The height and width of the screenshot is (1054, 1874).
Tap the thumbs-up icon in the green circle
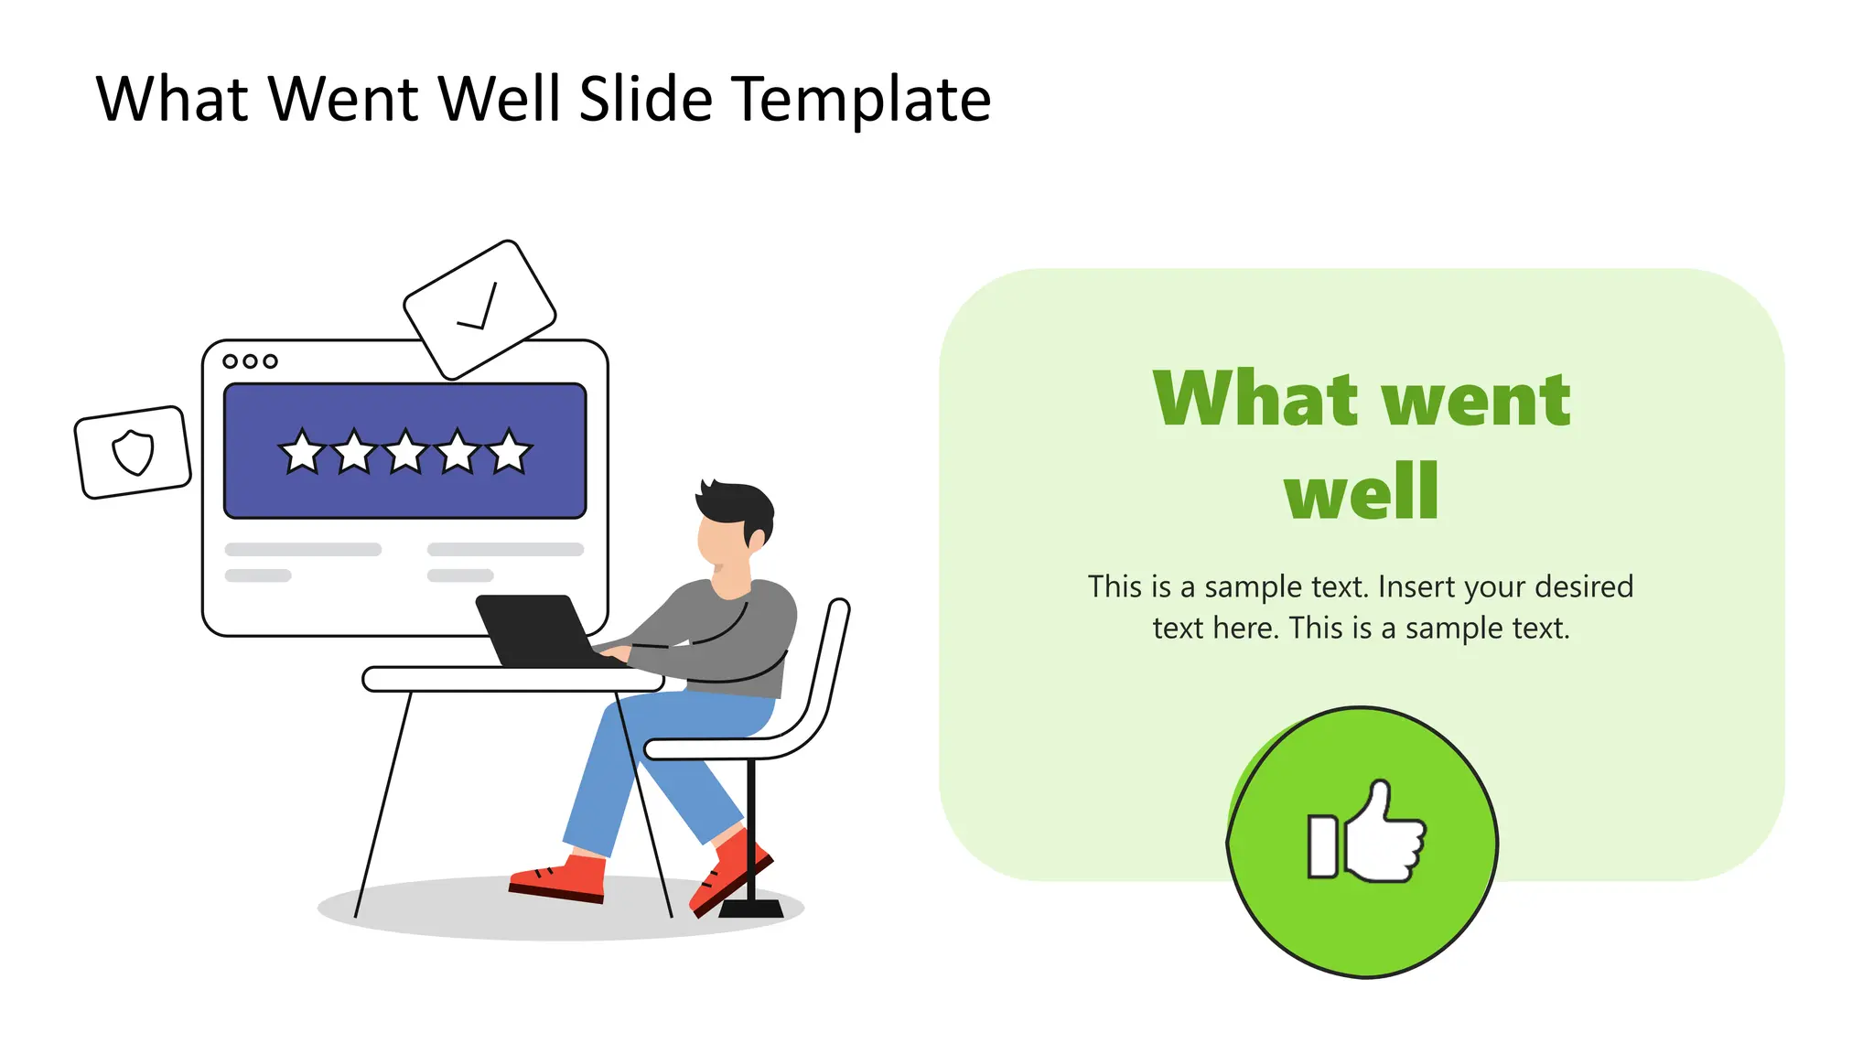point(1366,833)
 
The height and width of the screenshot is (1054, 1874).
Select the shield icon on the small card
point(134,452)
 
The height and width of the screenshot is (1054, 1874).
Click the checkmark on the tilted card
point(479,308)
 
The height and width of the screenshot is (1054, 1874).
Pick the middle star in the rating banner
point(405,452)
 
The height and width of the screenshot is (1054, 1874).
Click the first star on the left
point(301,452)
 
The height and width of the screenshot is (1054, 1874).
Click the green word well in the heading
point(1362,492)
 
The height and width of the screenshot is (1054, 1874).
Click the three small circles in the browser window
point(250,361)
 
